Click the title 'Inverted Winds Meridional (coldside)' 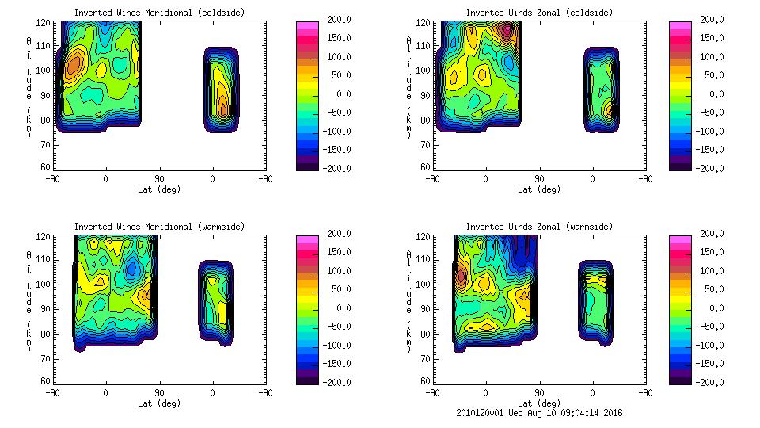(159, 13)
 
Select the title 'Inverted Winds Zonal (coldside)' (539, 13)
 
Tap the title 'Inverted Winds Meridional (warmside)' (159, 227)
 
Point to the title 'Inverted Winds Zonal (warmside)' (539, 227)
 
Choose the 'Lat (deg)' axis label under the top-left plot (159, 189)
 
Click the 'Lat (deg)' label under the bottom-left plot (159, 403)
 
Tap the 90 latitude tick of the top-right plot (540, 179)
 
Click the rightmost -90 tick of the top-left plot (266, 179)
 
